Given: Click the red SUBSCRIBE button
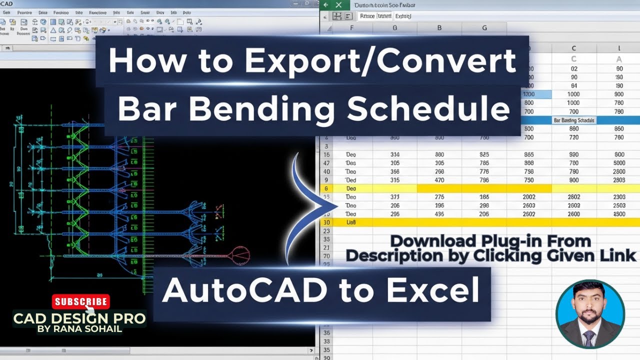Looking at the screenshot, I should point(81,301).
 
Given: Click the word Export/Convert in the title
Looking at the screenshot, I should point(379,61).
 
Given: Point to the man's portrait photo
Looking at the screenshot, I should point(590,314).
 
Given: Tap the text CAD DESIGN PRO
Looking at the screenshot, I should point(79,318).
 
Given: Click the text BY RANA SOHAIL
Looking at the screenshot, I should point(79,329).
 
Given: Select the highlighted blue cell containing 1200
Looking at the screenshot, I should point(529,94).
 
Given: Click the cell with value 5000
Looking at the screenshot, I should point(619,163).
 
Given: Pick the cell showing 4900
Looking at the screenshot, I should point(619,214).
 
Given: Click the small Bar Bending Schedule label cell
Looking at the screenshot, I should point(574,120).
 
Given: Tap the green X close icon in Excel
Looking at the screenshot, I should point(338,5).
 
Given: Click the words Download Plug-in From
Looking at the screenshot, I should point(490,241).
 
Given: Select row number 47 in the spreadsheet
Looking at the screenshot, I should point(326,163).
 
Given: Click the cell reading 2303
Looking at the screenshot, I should point(619,197).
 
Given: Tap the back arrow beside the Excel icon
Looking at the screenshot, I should point(326,5).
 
